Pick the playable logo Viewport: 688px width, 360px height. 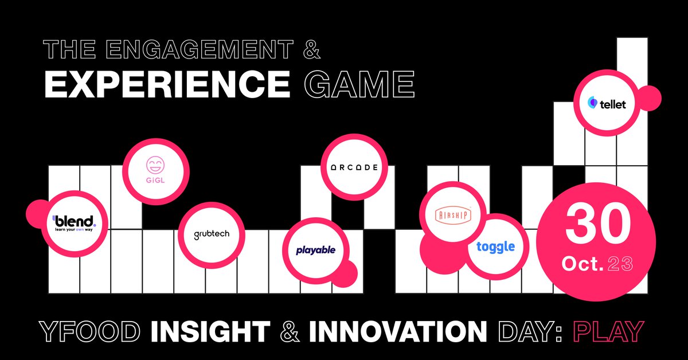coord(316,250)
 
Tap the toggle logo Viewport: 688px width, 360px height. coord(495,247)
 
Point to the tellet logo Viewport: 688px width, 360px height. coord(607,104)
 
